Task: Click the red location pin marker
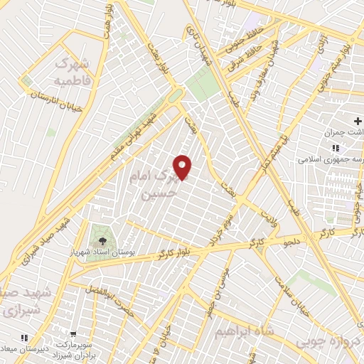point(183,166)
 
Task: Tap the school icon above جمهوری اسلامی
point(334,148)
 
